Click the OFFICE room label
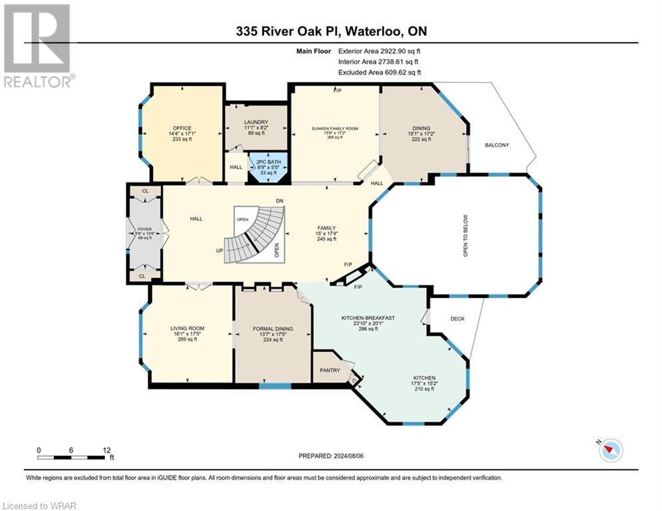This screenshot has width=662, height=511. (x=182, y=128)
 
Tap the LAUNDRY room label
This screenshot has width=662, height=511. (x=256, y=122)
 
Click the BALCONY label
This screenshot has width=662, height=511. (x=497, y=145)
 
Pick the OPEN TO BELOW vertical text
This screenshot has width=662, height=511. (x=466, y=236)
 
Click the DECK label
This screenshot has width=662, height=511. (x=457, y=319)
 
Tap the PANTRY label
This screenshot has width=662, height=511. (x=330, y=371)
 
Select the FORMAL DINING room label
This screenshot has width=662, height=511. (x=273, y=328)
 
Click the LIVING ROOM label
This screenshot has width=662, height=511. (x=187, y=328)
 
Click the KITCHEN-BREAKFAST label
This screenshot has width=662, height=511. (x=368, y=318)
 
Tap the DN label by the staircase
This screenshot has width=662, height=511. (x=279, y=201)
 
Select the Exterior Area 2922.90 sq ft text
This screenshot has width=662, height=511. (x=379, y=51)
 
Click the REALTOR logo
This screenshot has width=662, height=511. (x=38, y=46)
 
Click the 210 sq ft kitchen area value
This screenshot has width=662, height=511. (x=424, y=389)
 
